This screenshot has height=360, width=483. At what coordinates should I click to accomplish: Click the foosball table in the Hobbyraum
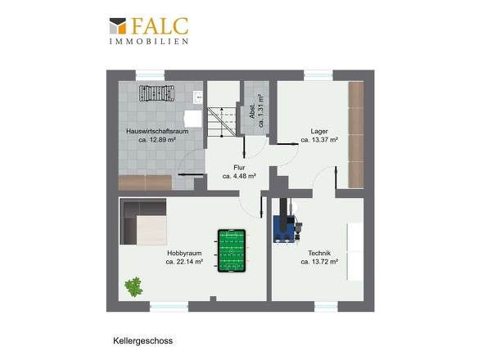tap(232, 250)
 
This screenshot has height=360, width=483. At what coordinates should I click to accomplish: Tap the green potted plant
tap(133, 286)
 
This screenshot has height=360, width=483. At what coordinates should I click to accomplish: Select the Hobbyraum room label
tap(184, 253)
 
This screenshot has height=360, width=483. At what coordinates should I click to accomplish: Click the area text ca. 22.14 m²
tap(184, 262)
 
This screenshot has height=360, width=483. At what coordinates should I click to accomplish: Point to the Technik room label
tap(319, 253)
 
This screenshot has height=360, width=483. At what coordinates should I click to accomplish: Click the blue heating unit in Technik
tap(284, 228)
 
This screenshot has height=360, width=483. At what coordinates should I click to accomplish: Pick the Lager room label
tap(319, 131)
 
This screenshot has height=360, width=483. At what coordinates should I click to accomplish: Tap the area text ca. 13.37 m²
tap(319, 140)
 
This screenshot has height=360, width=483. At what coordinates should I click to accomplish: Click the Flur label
tap(239, 168)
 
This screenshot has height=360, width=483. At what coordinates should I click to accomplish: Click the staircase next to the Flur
tap(222, 122)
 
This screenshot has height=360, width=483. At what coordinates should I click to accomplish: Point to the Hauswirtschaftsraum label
tap(157, 131)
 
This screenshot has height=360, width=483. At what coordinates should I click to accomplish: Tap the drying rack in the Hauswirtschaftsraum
tap(157, 93)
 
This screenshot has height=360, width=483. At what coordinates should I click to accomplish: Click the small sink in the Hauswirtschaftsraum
tap(197, 97)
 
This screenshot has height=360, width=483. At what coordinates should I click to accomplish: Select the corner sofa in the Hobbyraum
tap(143, 222)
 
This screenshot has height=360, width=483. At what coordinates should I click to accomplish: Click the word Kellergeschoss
tap(143, 341)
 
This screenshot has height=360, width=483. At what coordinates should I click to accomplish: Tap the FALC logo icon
tap(118, 26)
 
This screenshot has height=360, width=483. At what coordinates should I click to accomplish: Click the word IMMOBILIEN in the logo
tap(149, 41)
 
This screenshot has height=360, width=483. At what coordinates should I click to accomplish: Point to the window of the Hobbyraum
tap(169, 307)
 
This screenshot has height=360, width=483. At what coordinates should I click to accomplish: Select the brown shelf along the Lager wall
tap(356, 134)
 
